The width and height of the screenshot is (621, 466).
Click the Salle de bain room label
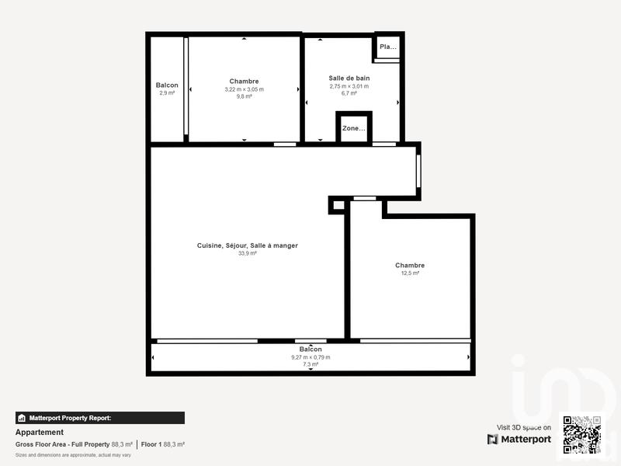coord(349,78)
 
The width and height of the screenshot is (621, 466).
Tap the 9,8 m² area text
coord(244,97)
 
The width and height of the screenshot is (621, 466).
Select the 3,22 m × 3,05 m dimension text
coord(244,89)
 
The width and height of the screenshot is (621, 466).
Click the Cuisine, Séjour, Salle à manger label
coord(248,245)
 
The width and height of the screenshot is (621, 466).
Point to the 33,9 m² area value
coord(248,253)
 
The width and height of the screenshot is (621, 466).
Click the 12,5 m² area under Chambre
coord(410,273)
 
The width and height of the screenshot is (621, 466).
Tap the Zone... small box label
coord(353,128)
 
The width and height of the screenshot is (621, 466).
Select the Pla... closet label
coord(387,47)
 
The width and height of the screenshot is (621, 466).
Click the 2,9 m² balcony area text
coord(167,93)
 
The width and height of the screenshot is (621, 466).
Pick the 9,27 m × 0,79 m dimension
coord(310,357)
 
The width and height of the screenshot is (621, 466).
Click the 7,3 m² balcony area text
coord(310,364)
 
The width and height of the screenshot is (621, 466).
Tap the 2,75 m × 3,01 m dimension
coord(349,86)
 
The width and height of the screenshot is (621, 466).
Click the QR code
coord(581,434)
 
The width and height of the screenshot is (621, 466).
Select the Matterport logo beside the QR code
coord(519,440)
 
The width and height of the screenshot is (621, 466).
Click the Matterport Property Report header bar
coord(100,418)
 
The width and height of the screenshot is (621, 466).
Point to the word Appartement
coord(40,433)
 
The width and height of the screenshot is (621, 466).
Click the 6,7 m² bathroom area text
coord(349,93)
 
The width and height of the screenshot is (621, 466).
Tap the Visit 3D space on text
coord(524,427)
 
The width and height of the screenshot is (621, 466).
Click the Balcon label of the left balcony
coord(167,85)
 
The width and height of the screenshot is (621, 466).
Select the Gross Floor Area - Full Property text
coord(63,444)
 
